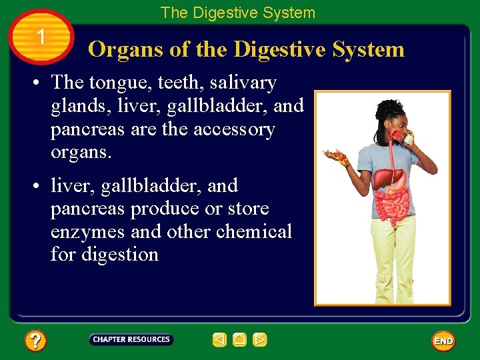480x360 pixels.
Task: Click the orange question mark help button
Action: point(35,341)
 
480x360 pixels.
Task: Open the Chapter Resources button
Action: point(131,340)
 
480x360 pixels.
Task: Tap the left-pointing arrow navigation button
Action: point(220,340)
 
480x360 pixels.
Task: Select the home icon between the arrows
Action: point(240,340)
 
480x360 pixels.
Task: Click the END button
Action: point(443,341)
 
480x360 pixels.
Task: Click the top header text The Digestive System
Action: point(237,13)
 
